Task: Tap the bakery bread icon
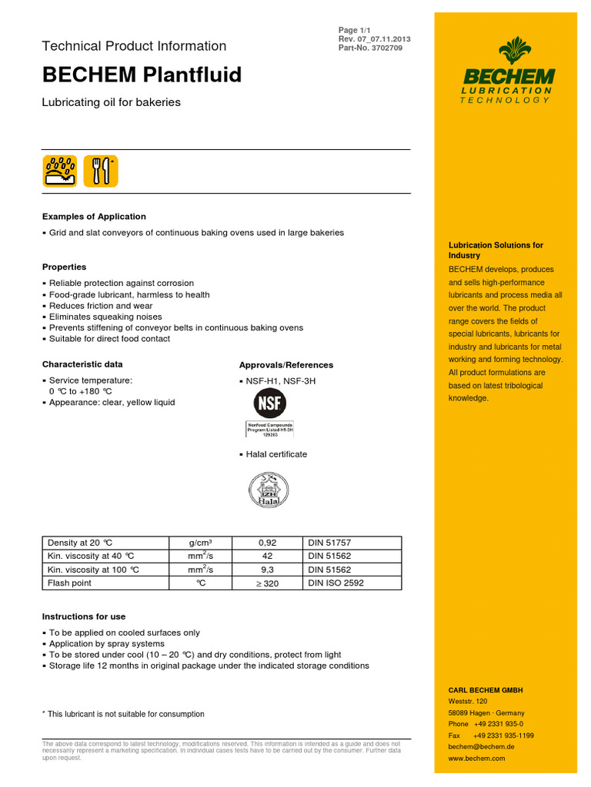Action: (60, 170)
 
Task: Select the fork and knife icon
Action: (101, 170)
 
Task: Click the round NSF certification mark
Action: (269, 403)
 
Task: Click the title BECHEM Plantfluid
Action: (142, 75)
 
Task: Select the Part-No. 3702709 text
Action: (370, 48)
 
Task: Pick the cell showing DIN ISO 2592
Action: (336, 583)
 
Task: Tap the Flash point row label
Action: (70, 583)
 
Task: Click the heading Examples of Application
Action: (94, 217)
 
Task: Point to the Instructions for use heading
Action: (84, 616)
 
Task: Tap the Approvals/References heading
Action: (286, 365)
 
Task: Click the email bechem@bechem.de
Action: (481, 747)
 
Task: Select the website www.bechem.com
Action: (476, 759)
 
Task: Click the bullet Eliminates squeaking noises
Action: (105, 317)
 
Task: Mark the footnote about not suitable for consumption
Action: (123, 714)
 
